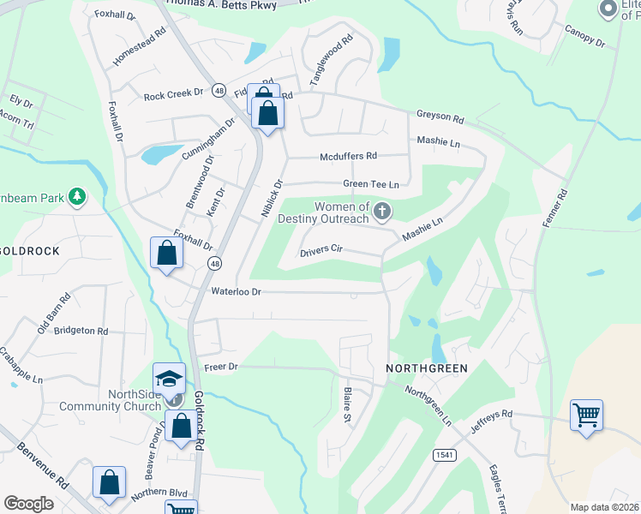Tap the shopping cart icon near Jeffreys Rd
point(586,415)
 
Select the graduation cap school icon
point(169,379)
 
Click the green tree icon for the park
point(77,197)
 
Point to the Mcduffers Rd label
point(348,156)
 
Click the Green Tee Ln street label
point(371,184)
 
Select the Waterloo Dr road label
point(236,292)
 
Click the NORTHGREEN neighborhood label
point(427,368)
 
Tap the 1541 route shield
point(443,455)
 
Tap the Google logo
point(28,504)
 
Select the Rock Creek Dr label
point(172,93)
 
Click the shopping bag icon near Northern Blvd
point(110,482)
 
